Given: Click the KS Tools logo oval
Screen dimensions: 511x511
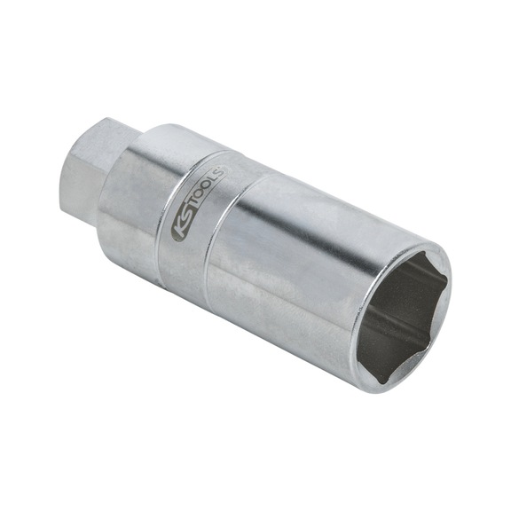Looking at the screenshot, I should click(198, 201).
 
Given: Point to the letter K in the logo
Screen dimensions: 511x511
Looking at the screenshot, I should click(177, 228).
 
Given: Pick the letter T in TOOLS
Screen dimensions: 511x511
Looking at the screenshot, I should click(193, 205).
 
